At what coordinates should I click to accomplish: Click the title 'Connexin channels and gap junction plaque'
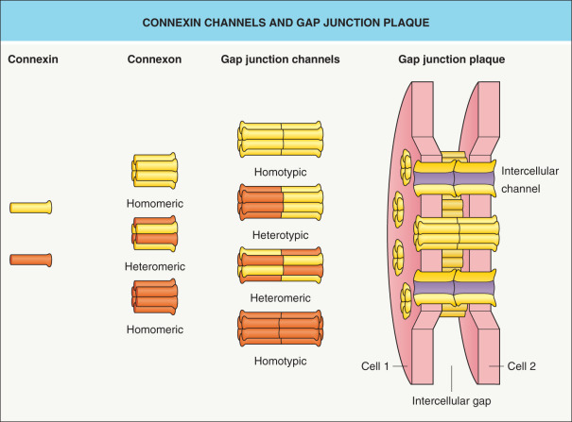(286, 21)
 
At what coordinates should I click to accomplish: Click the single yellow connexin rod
(30, 207)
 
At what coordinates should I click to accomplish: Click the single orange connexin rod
(30, 259)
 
